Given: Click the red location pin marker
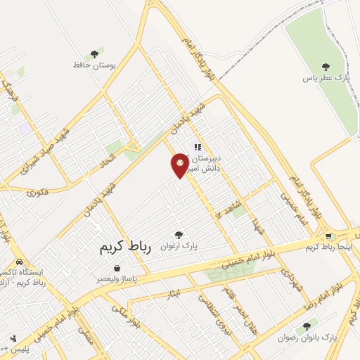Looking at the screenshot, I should pos(181,165).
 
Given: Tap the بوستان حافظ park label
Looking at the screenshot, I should pos(94,65).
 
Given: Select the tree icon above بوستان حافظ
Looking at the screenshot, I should pos(94,54).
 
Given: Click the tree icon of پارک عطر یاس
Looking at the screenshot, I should pos(325,66).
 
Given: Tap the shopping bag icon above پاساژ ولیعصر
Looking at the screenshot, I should pos(116,268).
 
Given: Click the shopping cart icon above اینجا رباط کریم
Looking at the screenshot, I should pos(349,236).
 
